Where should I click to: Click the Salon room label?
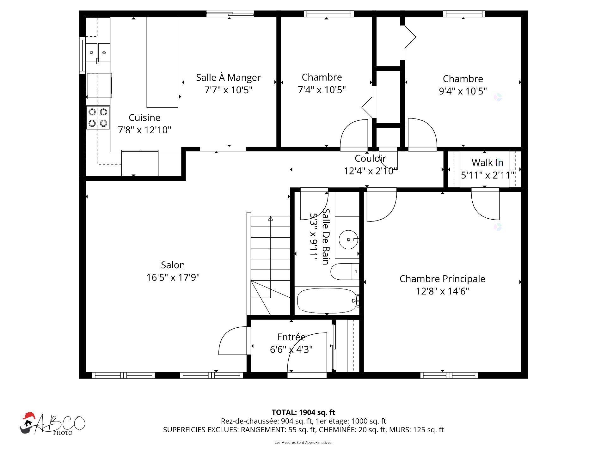pyautogui.click(x=173, y=265)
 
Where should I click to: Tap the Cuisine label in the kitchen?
pyautogui.click(x=144, y=118)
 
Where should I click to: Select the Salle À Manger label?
pyautogui.click(x=228, y=77)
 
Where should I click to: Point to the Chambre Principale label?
pyautogui.click(x=442, y=279)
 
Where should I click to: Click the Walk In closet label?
pyautogui.click(x=487, y=162)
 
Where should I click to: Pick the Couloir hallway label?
pyautogui.click(x=370, y=158)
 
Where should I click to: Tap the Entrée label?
pyautogui.click(x=291, y=337)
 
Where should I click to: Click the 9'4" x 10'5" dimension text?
pyautogui.click(x=463, y=91)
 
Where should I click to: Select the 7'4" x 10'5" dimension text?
pyautogui.click(x=322, y=90)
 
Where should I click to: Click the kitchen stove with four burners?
pyautogui.click(x=98, y=118)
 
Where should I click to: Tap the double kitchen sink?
pyautogui.click(x=98, y=53)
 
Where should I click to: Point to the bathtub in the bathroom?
pyautogui.click(x=327, y=300)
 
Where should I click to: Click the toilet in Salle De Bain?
pyautogui.click(x=345, y=271)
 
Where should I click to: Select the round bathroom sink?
pyautogui.click(x=349, y=240)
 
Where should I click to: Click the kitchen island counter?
pyautogui.click(x=162, y=62)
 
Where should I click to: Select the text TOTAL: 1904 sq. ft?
pyautogui.click(x=303, y=412)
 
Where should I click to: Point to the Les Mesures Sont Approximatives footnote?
pyautogui.click(x=303, y=442)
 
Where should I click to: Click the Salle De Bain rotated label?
pyautogui.click(x=326, y=237)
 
